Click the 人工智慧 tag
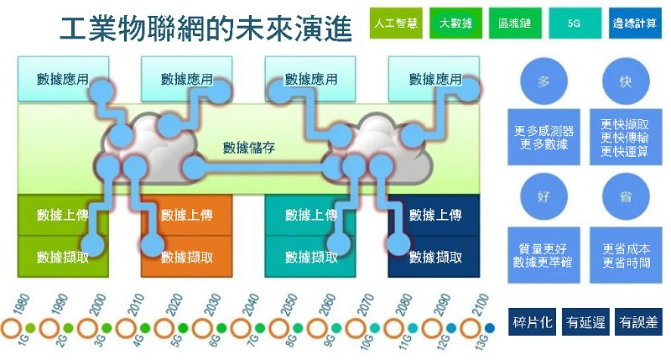(395, 23)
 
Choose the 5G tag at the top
(574, 23)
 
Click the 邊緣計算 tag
(634, 23)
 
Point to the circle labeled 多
(544, 81)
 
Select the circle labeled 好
(544, 197)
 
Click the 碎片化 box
(533, 321)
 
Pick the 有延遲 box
(585, 321)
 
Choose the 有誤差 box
(637, 321)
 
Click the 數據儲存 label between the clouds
(250, 149)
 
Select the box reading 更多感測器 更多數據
(544, 138)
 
